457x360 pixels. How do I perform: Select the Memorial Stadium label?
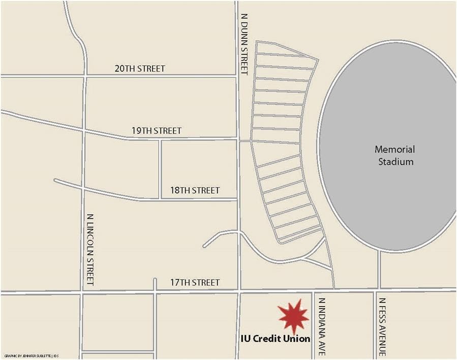tap(394, 156)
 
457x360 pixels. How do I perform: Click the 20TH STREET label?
tap(139, 69)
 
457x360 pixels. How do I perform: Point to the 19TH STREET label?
tap(156, 131)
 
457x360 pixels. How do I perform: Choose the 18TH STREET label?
tap(195, 190)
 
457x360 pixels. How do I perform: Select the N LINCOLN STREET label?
tap(90, 249)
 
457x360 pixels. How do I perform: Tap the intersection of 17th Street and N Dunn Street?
tap(238, 292)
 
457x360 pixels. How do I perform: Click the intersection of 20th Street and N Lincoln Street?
tap(85, 76)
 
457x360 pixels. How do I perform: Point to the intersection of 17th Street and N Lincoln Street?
tap(81, 292)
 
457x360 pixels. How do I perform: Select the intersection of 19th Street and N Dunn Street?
tap(238, 138)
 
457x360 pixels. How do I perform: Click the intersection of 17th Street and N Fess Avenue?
tap(378, 290)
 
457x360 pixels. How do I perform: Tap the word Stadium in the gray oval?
tap(394, 162)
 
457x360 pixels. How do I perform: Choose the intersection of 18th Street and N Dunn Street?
tap(238, 198)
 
